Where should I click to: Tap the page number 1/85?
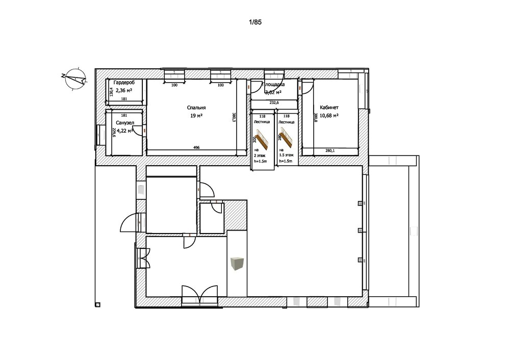(x=255, y=22)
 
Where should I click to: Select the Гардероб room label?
(x=124, y=83)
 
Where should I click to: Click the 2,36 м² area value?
(x=124, y=90)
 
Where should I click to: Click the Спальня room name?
(x=196, y=108)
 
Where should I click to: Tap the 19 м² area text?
(x=196, y=115)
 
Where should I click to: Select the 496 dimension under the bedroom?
(x=196, y=147)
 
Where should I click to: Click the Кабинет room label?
(x=329, y=108)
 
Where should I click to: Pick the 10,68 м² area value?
(x=329, y=115)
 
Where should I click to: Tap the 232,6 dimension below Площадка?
(x=274, y=102)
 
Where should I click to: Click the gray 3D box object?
(x=237, y=264)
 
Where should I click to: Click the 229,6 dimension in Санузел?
(x=108, y=133)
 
